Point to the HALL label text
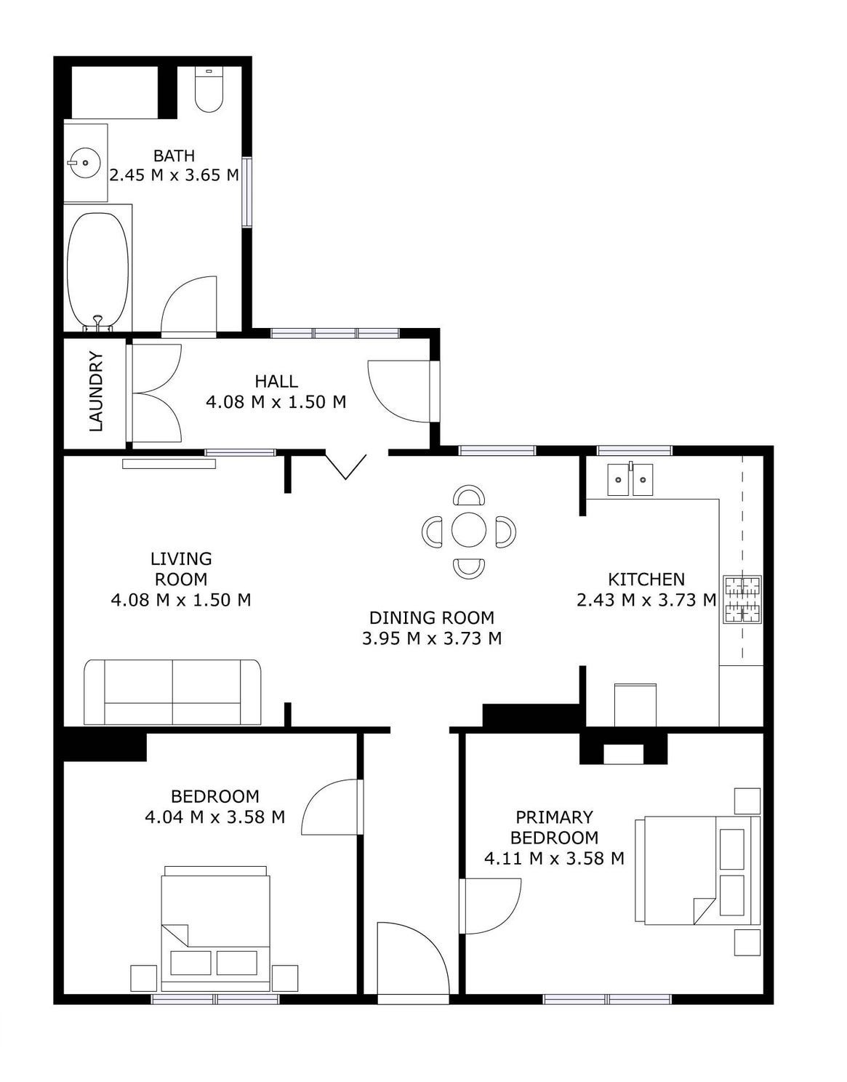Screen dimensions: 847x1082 pos(276,382)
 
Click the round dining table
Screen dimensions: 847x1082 pos(469,529)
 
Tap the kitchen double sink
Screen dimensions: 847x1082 pos(630,479)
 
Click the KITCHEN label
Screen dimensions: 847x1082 pos(646,579)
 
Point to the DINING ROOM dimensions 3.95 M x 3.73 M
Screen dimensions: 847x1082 pos(431,638)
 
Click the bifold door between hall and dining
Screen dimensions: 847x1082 pos(346,465)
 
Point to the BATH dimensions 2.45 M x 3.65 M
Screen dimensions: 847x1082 pos(174,175)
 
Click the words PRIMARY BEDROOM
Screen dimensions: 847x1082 pos(554,827)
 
